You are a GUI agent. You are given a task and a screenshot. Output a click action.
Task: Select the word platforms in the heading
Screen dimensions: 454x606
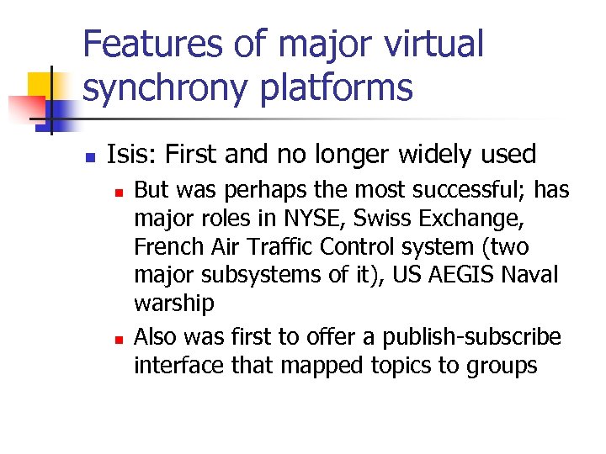click(x=348, y=87)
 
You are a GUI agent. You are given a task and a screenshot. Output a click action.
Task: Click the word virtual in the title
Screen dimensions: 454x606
click(x=426, y=45)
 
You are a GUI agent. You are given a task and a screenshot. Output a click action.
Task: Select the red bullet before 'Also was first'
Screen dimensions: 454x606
click(x=119, y=339)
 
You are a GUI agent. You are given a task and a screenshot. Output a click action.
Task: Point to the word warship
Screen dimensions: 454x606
click(x=174, y=304)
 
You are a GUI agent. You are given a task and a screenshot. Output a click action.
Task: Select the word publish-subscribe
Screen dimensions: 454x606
click(x=471, y=336)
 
